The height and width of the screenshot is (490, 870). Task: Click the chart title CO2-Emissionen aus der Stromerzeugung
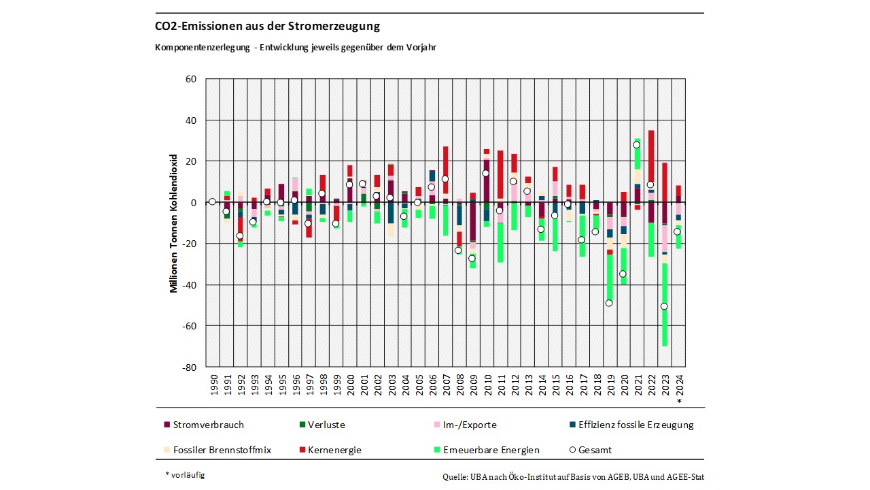(267, 27)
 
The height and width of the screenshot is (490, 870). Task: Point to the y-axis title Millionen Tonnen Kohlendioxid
(173, 223)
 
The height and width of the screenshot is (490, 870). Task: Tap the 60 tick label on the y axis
(190, 79)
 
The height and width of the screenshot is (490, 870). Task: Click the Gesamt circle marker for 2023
(664, 306)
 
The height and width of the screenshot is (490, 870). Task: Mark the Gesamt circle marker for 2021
(637, 145)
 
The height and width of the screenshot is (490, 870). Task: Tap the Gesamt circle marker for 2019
(609, 303)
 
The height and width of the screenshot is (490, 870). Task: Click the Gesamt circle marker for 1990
(212, 201)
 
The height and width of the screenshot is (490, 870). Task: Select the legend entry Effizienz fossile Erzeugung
(636, 425)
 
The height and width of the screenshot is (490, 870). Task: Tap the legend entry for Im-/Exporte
(469, 425)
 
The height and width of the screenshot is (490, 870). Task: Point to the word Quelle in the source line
(454, 477)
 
